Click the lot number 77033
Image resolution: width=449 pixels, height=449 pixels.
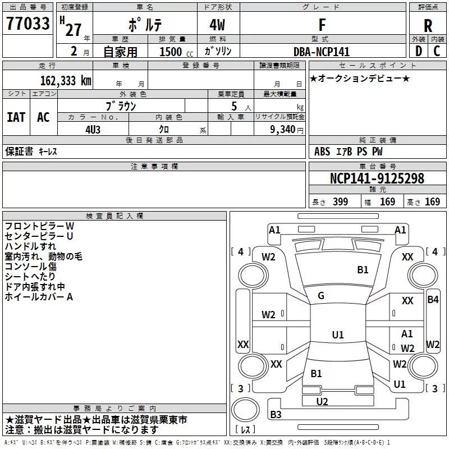(x=28, y=24)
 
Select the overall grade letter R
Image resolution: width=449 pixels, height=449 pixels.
(x=428, y=26)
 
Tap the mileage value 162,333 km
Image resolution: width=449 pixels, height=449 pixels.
(x=66, y=81)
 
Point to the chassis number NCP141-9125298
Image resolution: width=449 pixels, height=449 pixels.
(x=377, y=178)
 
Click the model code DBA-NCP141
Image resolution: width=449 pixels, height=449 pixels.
(x=322, y=52)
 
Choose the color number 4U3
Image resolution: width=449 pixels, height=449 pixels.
(x=93, y=130)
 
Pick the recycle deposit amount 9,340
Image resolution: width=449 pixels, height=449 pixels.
(x=283, y=130)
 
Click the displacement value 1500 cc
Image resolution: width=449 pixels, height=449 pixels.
(x=176, y=52)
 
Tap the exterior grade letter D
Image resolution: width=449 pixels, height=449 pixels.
(x=419, y=51)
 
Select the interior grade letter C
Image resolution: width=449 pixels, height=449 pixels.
(x=437, y=51)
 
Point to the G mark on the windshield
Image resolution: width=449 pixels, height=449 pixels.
(x=321, y=296)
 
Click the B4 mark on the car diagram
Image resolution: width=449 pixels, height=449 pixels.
(x=433, y=300)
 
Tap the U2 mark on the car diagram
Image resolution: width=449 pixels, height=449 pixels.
(x=322, y=402)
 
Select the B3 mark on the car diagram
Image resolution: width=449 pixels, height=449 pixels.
(x=276, y=414)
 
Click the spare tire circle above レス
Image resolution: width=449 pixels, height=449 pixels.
(x=245, y=409)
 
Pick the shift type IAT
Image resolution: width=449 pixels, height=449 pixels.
(x=16, y=117)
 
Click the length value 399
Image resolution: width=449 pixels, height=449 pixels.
(x=341, y=201)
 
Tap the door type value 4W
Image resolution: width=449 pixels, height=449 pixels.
(x=217, y=25)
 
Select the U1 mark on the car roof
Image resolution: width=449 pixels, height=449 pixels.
(x=338, y=335)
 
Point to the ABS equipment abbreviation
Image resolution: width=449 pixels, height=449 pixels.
(x=322, y=152)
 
